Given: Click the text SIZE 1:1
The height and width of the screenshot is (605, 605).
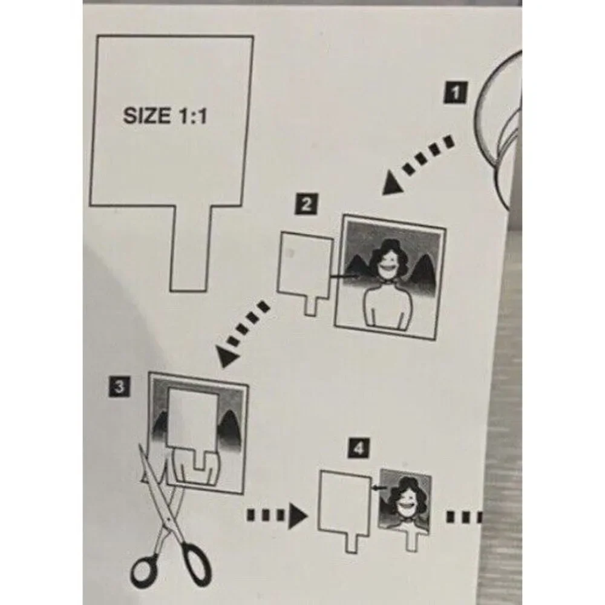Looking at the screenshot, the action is (165, 116).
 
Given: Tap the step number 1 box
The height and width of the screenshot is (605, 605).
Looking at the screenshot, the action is (456, 92).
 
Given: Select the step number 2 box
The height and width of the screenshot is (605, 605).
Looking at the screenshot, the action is (306, 204).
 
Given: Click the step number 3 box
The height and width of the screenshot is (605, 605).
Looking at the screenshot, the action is (120, 386).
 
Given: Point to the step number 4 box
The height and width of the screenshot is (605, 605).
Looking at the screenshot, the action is (358, 448).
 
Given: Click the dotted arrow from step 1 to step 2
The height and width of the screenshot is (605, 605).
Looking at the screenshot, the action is (418, 165).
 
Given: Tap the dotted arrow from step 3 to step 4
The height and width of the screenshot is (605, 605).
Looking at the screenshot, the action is (277, 515).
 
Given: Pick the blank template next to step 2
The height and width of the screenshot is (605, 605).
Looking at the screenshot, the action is (305, 270).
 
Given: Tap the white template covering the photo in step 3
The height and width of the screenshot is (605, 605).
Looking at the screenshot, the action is (192, 425).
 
